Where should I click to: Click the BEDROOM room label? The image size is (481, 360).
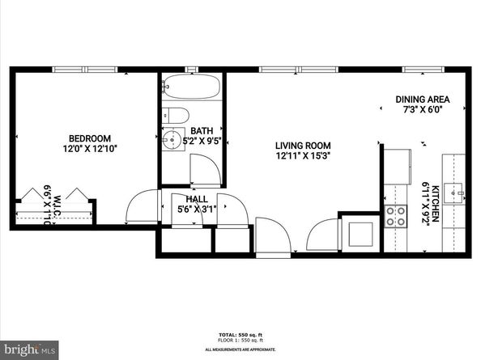coord(90,138)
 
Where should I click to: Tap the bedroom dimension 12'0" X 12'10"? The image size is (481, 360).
coord(90,149)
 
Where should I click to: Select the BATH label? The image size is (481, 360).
coord(200,131)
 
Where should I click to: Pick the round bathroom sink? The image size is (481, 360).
coord(172,139)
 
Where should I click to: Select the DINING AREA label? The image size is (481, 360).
coord(422,100)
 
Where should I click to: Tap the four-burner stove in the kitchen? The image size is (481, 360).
coord(397,215)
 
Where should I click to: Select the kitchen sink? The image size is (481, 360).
coord(456,193)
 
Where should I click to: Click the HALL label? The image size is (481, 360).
coord(197,199)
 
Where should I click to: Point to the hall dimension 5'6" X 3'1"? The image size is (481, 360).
coord(197,210)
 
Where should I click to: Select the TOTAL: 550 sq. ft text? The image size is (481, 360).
coord(240,334)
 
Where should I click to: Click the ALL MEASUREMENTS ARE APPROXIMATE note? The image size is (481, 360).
coord(240,349)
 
